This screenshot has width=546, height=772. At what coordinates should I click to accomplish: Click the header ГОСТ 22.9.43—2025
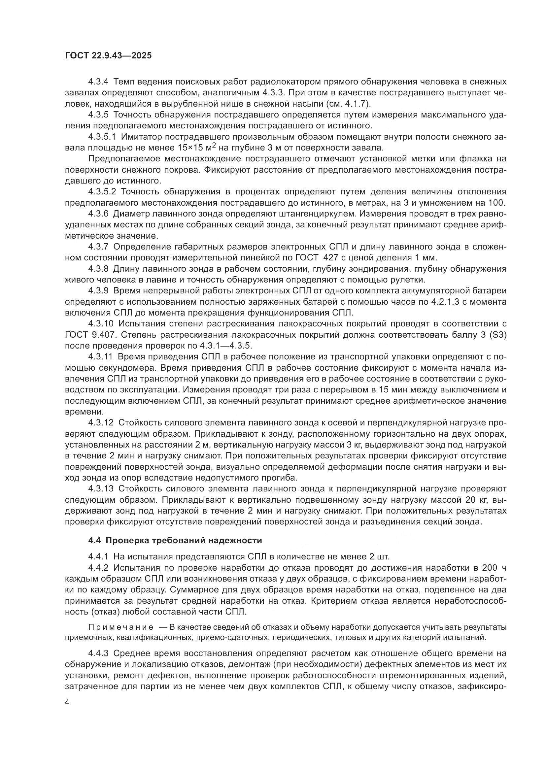coord(108,55)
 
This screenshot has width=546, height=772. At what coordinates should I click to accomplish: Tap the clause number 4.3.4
coord(98,82)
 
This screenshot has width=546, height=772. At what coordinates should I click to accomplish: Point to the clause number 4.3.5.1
coord(102,137)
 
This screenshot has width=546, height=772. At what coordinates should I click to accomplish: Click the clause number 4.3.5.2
coord(102,192)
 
